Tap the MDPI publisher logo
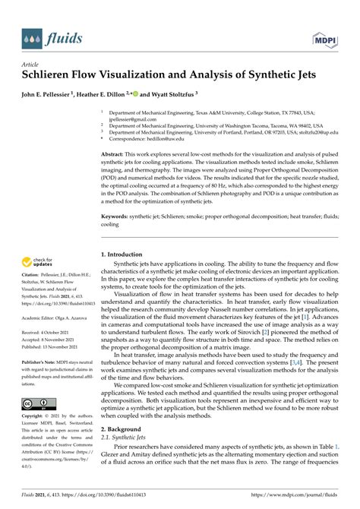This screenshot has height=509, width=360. click(x=324, y=37)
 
